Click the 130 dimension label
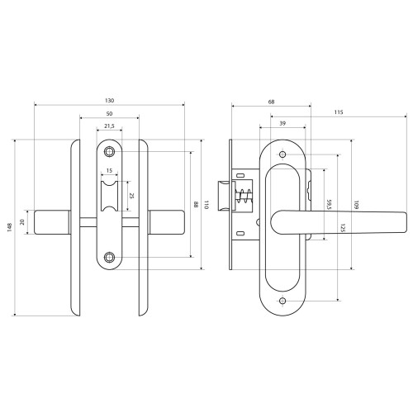point(109,101)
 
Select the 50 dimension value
point(109,114)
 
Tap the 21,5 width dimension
point(109,126)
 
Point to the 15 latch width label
point(109,171)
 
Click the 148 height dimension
point(10,227)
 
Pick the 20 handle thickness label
point(22,222)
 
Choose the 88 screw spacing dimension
point(196,205)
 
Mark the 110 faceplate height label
point(206,205)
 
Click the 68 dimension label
point(271,102)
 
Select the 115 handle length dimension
point(339,112)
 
